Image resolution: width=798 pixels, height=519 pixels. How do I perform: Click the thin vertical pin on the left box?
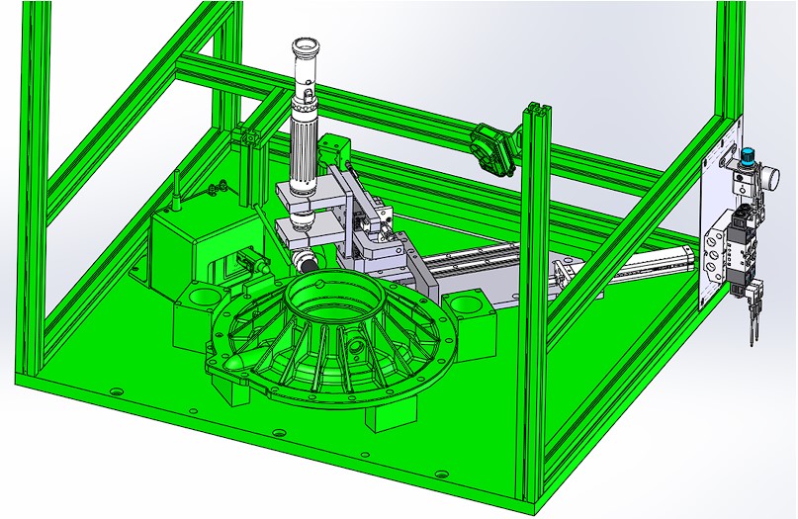[176, 192]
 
